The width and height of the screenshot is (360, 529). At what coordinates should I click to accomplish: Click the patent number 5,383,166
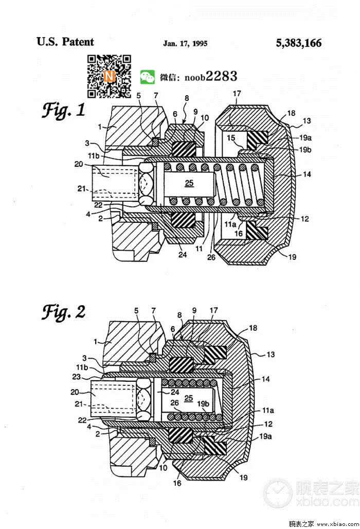pos(299,43)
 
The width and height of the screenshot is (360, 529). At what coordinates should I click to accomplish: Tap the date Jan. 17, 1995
pos(185,44)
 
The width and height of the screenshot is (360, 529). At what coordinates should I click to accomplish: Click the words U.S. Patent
pos(65,42)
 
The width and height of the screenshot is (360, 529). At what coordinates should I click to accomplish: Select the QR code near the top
pos(109,76)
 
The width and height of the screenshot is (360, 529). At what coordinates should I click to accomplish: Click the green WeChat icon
pos(147,77)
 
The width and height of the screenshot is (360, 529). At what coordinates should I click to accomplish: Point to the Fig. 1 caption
pos(63,110)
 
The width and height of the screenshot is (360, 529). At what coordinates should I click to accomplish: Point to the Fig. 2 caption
pos(63,312)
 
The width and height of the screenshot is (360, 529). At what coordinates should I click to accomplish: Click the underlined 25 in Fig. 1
pos(189,183)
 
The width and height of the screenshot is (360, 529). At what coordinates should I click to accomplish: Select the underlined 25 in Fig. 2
pos(188,398)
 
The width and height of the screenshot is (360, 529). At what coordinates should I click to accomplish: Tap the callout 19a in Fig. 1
pos(305,137)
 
